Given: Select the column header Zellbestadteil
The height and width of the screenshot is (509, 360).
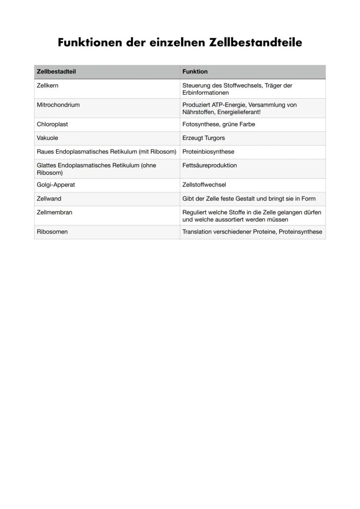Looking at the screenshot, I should point(56,72).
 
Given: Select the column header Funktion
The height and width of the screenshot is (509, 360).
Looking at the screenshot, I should point(195,72).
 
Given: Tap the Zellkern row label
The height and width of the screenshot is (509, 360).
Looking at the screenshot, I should point(47,86).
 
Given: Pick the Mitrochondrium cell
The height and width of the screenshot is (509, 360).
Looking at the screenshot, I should point(58,105).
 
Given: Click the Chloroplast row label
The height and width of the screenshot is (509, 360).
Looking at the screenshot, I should point(52,124).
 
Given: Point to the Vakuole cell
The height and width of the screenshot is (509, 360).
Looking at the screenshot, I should point(47,138).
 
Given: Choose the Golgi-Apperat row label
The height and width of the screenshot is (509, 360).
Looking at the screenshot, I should point(56,185).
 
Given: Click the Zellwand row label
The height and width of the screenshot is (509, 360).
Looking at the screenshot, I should point(49,199).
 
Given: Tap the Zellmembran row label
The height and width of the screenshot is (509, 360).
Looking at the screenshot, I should point(54,213).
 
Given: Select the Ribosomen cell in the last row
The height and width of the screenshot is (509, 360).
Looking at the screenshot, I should point(52,232).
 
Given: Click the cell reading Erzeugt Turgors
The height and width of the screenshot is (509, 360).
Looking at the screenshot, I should point(203,138).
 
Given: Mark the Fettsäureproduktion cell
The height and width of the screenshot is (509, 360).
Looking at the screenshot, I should point(210,166).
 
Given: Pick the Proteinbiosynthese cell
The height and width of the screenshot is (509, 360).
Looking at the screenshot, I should point(208,152).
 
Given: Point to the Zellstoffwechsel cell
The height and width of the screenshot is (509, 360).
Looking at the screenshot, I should point(204,185).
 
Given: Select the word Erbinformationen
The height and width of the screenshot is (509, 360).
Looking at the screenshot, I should point(205,93).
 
